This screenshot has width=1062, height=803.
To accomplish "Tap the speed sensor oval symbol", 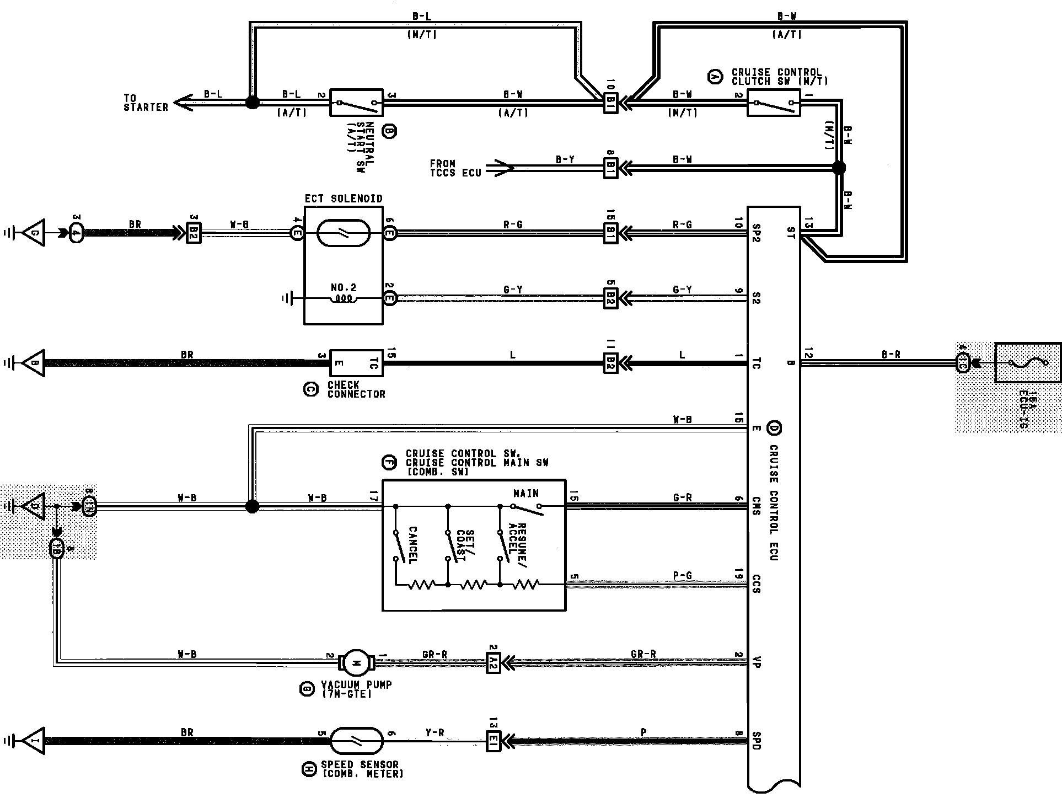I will tap(356, 741).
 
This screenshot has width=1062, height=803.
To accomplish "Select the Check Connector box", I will tap(356, 363).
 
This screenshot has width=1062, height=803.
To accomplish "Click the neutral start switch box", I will tap(356, 102).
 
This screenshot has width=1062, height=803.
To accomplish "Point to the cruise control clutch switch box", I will tap(773, 102).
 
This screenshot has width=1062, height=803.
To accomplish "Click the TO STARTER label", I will tap(146, 103).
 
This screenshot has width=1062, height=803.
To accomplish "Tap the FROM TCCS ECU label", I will tap(455, 168).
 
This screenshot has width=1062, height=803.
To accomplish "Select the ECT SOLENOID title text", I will tap(343, 199).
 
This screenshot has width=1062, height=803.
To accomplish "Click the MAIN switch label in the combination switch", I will tap(525, 493).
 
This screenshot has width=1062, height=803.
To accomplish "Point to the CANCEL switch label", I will tap(412, 545).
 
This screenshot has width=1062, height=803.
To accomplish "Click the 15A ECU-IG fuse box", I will tap(1027, 363).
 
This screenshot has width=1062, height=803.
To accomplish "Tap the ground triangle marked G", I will tap(34, 232).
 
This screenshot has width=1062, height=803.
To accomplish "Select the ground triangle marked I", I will tap(34, 741).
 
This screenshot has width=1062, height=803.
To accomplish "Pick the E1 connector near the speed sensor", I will tap(493, 741).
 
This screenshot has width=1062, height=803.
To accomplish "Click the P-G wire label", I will tap(682, 575).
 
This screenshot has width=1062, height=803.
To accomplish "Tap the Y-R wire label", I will tap(435, 732).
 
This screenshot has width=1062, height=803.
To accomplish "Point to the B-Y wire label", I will tap(565, 160).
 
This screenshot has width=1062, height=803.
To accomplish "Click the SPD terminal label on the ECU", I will tap(757, 740).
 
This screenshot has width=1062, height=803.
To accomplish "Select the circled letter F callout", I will tap(389, 463).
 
